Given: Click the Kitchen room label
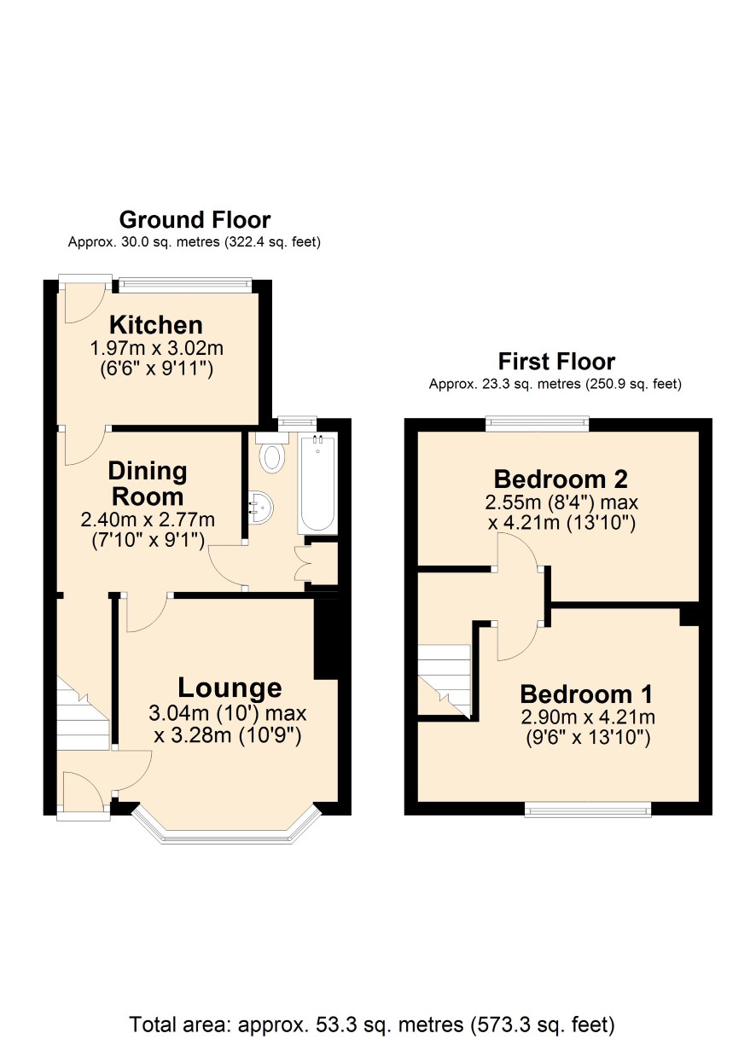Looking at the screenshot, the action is coord(156,325).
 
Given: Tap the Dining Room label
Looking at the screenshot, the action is coord(148,484).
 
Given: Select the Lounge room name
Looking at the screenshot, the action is coord(230,688).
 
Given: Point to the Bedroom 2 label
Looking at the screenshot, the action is coord(561,479).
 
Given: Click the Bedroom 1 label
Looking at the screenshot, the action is coord(586,694).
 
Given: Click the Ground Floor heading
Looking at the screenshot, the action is coord(195,220).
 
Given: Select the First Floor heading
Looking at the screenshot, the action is coord(556,362).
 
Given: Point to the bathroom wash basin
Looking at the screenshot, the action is coord(261,508).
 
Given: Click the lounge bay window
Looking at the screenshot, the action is coord(226,828).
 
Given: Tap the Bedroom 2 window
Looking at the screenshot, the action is coord(538,425).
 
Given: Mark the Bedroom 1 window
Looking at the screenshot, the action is coord(588,809).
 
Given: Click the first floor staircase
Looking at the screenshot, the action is coord(445,681).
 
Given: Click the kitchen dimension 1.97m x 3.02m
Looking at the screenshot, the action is coord(156,348).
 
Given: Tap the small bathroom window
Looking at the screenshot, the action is coord(297,421).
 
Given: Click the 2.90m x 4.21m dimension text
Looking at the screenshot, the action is coord(588,717).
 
